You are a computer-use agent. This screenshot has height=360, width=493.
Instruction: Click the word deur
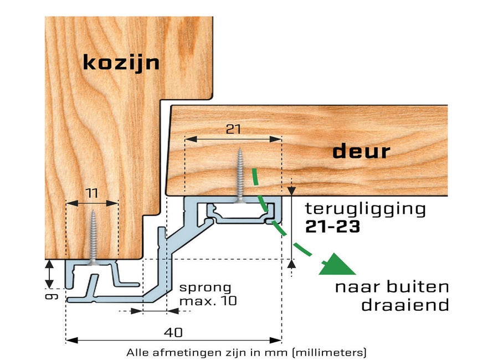click(x=361, y=152)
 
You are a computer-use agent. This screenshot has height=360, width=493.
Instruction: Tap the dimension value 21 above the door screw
click(x=233, y=129)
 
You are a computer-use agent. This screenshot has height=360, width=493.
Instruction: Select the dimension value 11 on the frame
click(x=91, y=193)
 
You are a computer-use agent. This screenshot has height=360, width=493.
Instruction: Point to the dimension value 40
click(x=173, y=333)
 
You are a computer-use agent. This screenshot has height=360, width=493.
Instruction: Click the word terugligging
click(x=366, y=209)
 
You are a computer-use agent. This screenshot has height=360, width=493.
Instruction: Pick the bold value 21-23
click(x=332, y=227)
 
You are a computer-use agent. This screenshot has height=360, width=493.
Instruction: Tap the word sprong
click(x=205, y=287)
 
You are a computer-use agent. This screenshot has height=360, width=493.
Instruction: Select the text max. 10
click(x=208, y=301)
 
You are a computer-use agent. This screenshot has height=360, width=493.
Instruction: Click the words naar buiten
click(x=392, y=287)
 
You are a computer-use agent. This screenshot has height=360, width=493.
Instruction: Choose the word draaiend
click(x=405, y=305)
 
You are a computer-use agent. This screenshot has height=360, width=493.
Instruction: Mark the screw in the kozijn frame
click(x=93, y=238)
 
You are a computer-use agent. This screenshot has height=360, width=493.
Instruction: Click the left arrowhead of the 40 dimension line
click(x=71, y=341)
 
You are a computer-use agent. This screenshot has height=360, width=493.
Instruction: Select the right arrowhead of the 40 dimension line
click(x=275, y=341)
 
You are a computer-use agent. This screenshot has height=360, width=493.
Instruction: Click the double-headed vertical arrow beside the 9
click(x=49, y=274)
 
